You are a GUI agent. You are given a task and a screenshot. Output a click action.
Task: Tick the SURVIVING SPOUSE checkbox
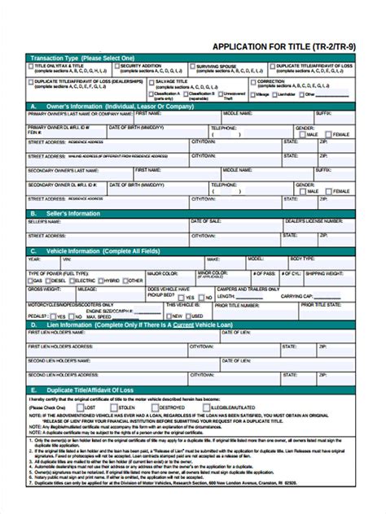click(x=192, y=66)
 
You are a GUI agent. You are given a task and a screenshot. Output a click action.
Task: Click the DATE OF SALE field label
click(x=205, y=220)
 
